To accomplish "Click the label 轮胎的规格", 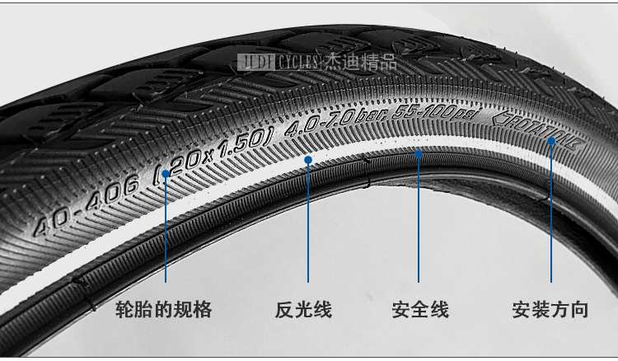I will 165,311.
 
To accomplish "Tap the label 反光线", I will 303,311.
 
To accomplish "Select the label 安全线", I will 419,311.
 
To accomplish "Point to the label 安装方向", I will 550,311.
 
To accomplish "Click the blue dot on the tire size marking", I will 166,174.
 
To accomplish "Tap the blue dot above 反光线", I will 308,160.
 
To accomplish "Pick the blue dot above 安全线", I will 419,153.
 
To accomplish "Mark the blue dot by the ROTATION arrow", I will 551,141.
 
